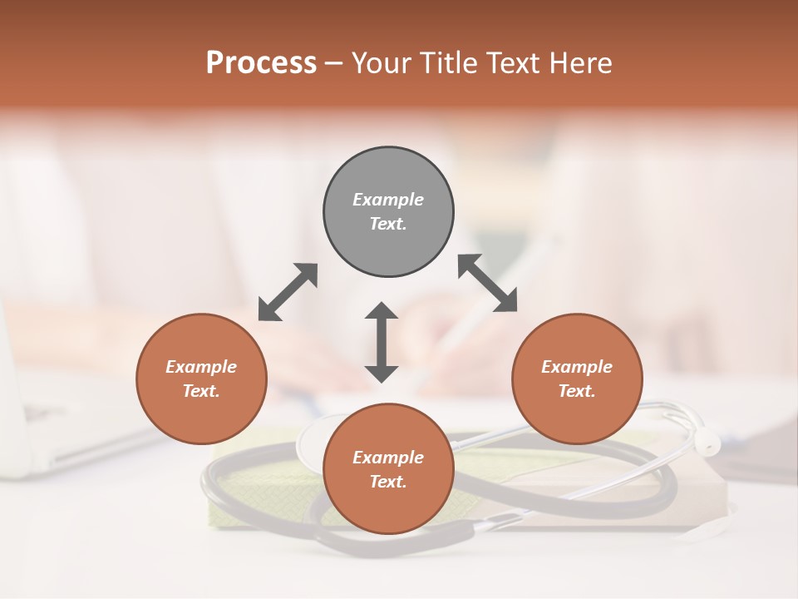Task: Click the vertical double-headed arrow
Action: pos(382,342)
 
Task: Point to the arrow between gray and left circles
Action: pos(288,292)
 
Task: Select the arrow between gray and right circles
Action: pos(487,283)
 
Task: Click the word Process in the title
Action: pos(261,63)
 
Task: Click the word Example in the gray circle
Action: pos(388,200)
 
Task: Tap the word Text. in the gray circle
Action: pos(388,224)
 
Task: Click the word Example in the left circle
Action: pos(201,367)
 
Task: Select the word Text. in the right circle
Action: pos(577,391)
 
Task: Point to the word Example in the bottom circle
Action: pos(388,458)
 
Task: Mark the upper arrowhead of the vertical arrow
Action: pos(382,312)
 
